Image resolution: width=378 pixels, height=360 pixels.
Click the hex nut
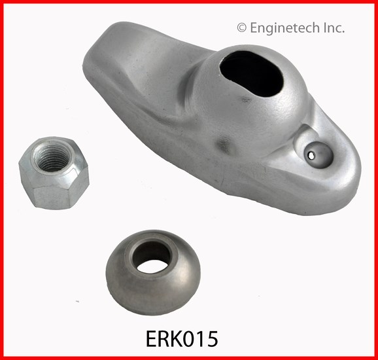54,173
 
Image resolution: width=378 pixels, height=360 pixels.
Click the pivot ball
153,273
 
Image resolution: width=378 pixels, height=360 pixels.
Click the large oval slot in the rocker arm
251,74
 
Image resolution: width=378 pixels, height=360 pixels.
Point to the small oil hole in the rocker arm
311,156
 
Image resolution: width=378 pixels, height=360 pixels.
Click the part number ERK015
182,339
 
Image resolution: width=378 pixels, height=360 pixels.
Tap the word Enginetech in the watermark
284,28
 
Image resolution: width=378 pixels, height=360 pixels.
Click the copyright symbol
242,27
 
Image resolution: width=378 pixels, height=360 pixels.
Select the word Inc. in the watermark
334,27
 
